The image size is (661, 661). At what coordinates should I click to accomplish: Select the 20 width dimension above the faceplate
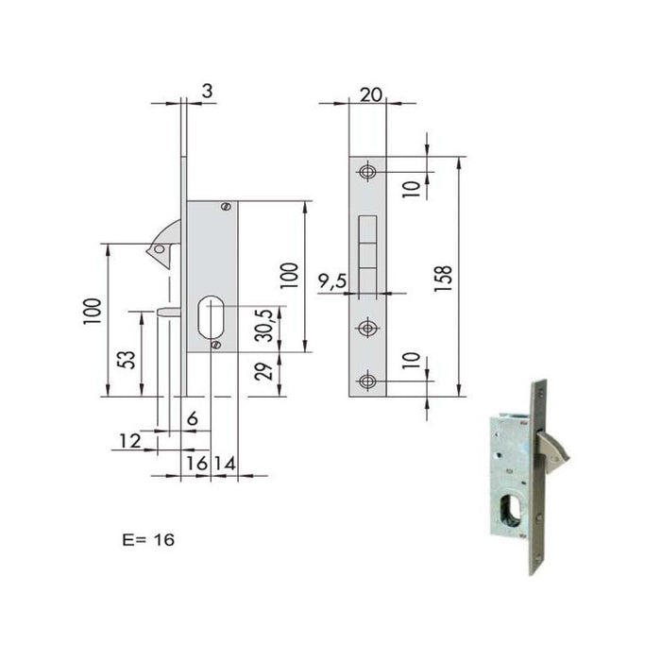point(368,94)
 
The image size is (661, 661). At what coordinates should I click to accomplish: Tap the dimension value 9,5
point(331,280)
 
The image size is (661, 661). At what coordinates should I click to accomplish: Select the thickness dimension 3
point(206,92)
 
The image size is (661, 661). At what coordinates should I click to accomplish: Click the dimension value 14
point(225,463)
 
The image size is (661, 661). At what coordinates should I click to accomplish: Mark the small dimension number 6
point(192,418)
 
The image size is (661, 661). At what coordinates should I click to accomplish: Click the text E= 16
point(148,540)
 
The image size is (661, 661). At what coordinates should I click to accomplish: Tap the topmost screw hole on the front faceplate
point(367,172)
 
